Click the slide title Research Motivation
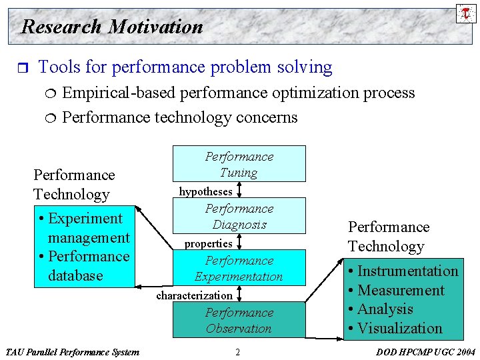(112, 27)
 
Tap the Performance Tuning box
(239, 164)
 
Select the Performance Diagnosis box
(239, 216)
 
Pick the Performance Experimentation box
(239, 268)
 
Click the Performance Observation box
(239, 320)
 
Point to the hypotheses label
(205, 191)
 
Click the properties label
(208, 243)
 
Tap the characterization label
(194, 295)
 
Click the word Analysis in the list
(385, 309)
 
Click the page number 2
(237, 351)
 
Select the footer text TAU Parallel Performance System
(72, 351)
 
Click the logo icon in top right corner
(465, 13)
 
